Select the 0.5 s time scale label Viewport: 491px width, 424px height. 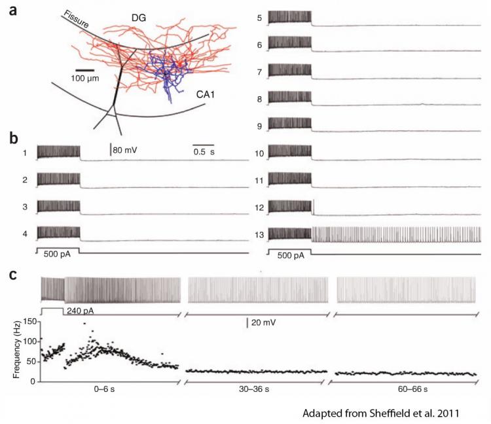[x=206, y=151]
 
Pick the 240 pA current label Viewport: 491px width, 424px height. [x=79, y=311]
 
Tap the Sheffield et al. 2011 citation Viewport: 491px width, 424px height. [x=382, y=414]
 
